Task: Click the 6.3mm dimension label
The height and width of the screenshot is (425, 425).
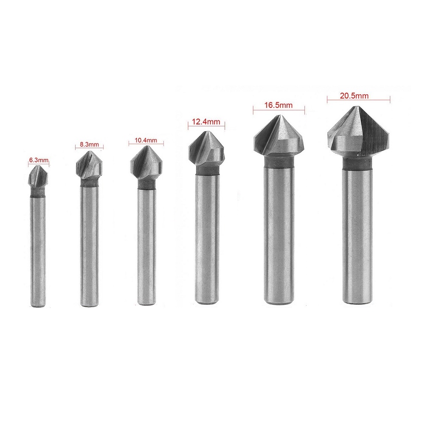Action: pos(39,160)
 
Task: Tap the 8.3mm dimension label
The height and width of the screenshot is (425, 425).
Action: pos(89,144)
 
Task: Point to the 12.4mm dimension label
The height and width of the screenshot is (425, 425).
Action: pos(206,122)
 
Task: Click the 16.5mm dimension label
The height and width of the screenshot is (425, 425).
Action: pos(279,104)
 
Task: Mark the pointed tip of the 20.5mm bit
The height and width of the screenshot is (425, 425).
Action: pos(355,107)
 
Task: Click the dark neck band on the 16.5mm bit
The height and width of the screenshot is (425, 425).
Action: pos(279,162)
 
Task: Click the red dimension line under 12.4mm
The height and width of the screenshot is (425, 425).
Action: pos(206,126)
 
